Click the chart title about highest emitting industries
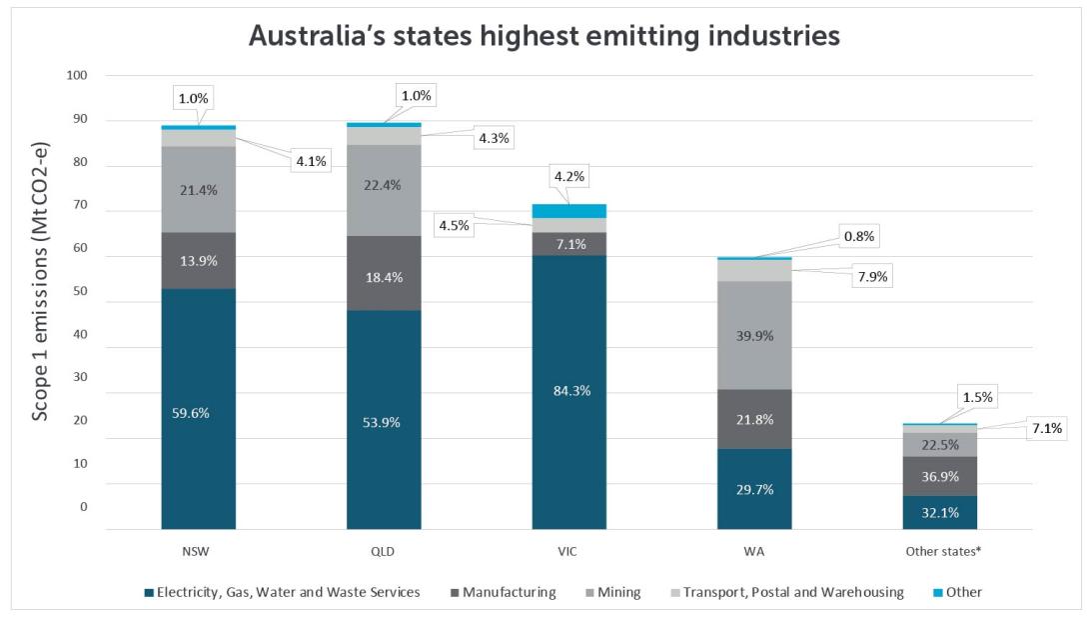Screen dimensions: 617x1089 544,36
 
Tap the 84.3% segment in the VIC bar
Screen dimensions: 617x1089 568,391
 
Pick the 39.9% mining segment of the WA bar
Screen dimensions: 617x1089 754,335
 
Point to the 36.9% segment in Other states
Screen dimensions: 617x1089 939,476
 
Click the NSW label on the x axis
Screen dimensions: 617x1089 198,551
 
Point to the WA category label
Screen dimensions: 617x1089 754,551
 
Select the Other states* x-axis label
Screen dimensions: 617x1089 938,551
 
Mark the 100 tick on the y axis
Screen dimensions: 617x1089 78,76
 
